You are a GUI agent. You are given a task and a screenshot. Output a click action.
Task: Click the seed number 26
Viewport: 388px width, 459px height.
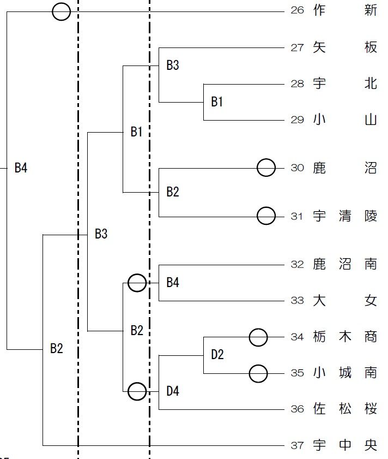pyautogui.click(x=297, y=10)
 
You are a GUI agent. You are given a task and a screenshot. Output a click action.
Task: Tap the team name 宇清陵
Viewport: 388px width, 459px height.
pyautogui.click(x=345, y=216)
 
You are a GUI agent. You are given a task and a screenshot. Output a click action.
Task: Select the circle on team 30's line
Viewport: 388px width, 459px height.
pyautogui.click(x=266, y=168)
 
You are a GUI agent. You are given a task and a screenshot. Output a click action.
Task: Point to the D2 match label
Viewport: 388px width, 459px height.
pyautogui.click(x=217, y=355)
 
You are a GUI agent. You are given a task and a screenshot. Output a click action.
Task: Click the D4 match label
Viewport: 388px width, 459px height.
pyautogui.click(x=173, y=391)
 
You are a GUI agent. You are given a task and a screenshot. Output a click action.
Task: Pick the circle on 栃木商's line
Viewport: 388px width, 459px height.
pyautogui.click(x=258, y=337)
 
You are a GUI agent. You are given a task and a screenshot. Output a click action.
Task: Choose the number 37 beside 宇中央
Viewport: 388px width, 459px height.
pyautogui.click(x=297, y=445)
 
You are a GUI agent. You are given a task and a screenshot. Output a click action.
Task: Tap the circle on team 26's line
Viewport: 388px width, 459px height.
pyautogui.click(x=62, y=11)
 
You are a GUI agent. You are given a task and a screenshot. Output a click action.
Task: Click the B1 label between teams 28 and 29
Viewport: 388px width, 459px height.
pyautogui.click(x=217, y=102)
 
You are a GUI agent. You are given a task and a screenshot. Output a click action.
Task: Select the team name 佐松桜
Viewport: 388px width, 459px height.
pyautogui.click(x=345, y=408)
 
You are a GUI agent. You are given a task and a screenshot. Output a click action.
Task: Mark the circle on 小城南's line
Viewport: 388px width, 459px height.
pyautogui.click(x=258, y=374)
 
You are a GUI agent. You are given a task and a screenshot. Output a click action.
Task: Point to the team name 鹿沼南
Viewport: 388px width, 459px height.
pyautogui.click(x=345, y=265)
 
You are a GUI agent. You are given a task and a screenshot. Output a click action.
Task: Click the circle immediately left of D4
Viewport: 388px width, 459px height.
pyautogui.click(x=137, y=391)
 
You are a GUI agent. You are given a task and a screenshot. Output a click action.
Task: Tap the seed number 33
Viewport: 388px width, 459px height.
pyautogui.click(x=297, y=301)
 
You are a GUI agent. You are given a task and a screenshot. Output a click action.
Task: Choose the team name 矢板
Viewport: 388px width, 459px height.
pyautogui.click(x=345, y=47)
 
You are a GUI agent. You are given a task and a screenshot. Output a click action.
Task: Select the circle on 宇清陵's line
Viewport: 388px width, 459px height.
pyautogui.click(x=266, y=216)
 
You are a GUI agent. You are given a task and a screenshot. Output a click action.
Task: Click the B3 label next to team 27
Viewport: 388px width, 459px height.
pyautogui.click(x=173, y=65)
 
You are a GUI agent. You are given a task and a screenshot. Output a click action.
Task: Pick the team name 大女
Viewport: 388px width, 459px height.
pyautogui.click(x=345, y=301)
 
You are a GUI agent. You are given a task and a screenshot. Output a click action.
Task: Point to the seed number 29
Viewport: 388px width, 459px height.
pyautogui.click(x=297, y=120)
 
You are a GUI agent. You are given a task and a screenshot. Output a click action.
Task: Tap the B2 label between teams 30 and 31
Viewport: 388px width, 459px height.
pyautogui.click(x=173, y=192)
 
